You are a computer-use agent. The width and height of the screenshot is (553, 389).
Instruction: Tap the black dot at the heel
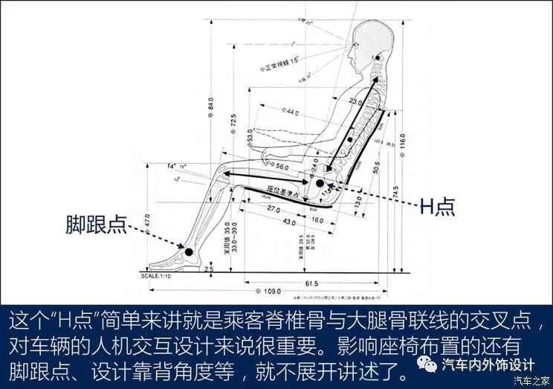[189, 253]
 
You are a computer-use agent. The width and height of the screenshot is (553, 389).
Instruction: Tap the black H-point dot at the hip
[320, 182]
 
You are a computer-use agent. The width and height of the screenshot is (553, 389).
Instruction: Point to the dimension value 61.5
[311, 283]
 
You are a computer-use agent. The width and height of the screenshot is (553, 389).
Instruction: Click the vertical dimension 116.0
[402, 141]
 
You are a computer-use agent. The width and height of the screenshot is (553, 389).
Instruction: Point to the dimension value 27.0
[272, 210]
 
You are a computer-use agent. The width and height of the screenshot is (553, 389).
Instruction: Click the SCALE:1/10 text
[161, 274]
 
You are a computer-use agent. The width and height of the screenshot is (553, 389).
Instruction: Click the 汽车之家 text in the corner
[533, 381]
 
